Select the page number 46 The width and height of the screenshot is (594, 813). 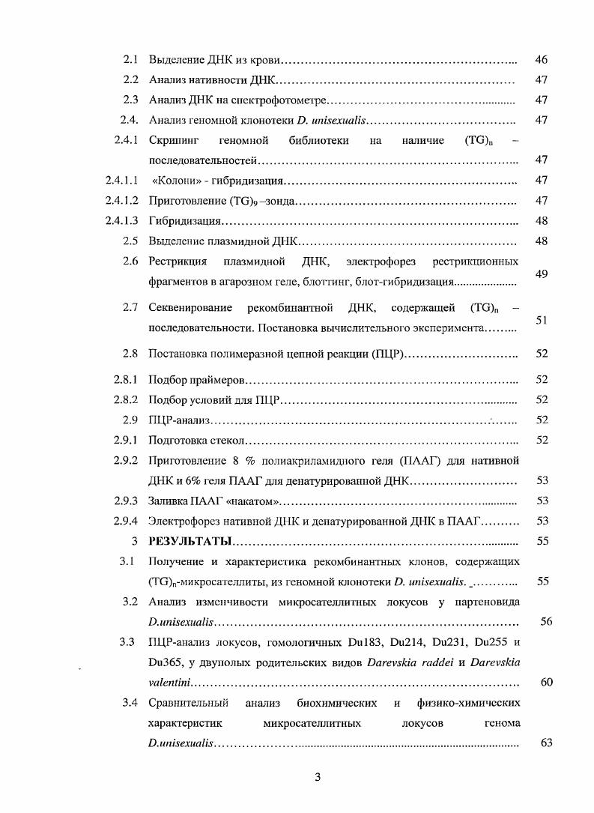click(x=542, y=58)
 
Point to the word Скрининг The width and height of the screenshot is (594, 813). click(x=174, y=140)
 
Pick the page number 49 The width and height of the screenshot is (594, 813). click(x=542, y=273)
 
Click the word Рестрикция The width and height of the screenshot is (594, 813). click(x=178, y=262)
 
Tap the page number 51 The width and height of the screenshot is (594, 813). click(x=542, y=320)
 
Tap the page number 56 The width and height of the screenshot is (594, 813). click(x=546, y=621)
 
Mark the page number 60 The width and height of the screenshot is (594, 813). click(x=546, y=682)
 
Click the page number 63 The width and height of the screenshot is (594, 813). click(x=546, y=743)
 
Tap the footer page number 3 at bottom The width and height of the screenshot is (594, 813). click(x=318, y=777)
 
